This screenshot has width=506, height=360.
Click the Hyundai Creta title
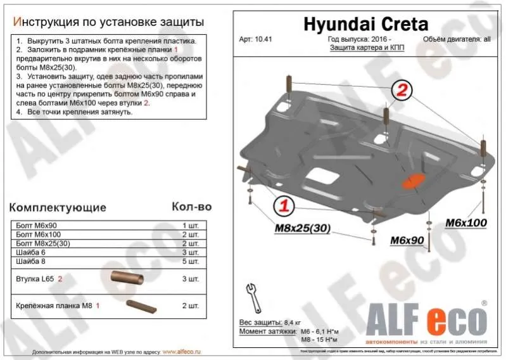[366, 24]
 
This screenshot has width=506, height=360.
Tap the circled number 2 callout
[401, 91]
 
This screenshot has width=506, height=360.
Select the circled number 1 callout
[284, 205]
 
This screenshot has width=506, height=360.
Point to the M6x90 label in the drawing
[406, 240]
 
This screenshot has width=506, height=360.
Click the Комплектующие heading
[58, 207]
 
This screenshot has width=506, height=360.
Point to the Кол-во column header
[191, 207]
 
